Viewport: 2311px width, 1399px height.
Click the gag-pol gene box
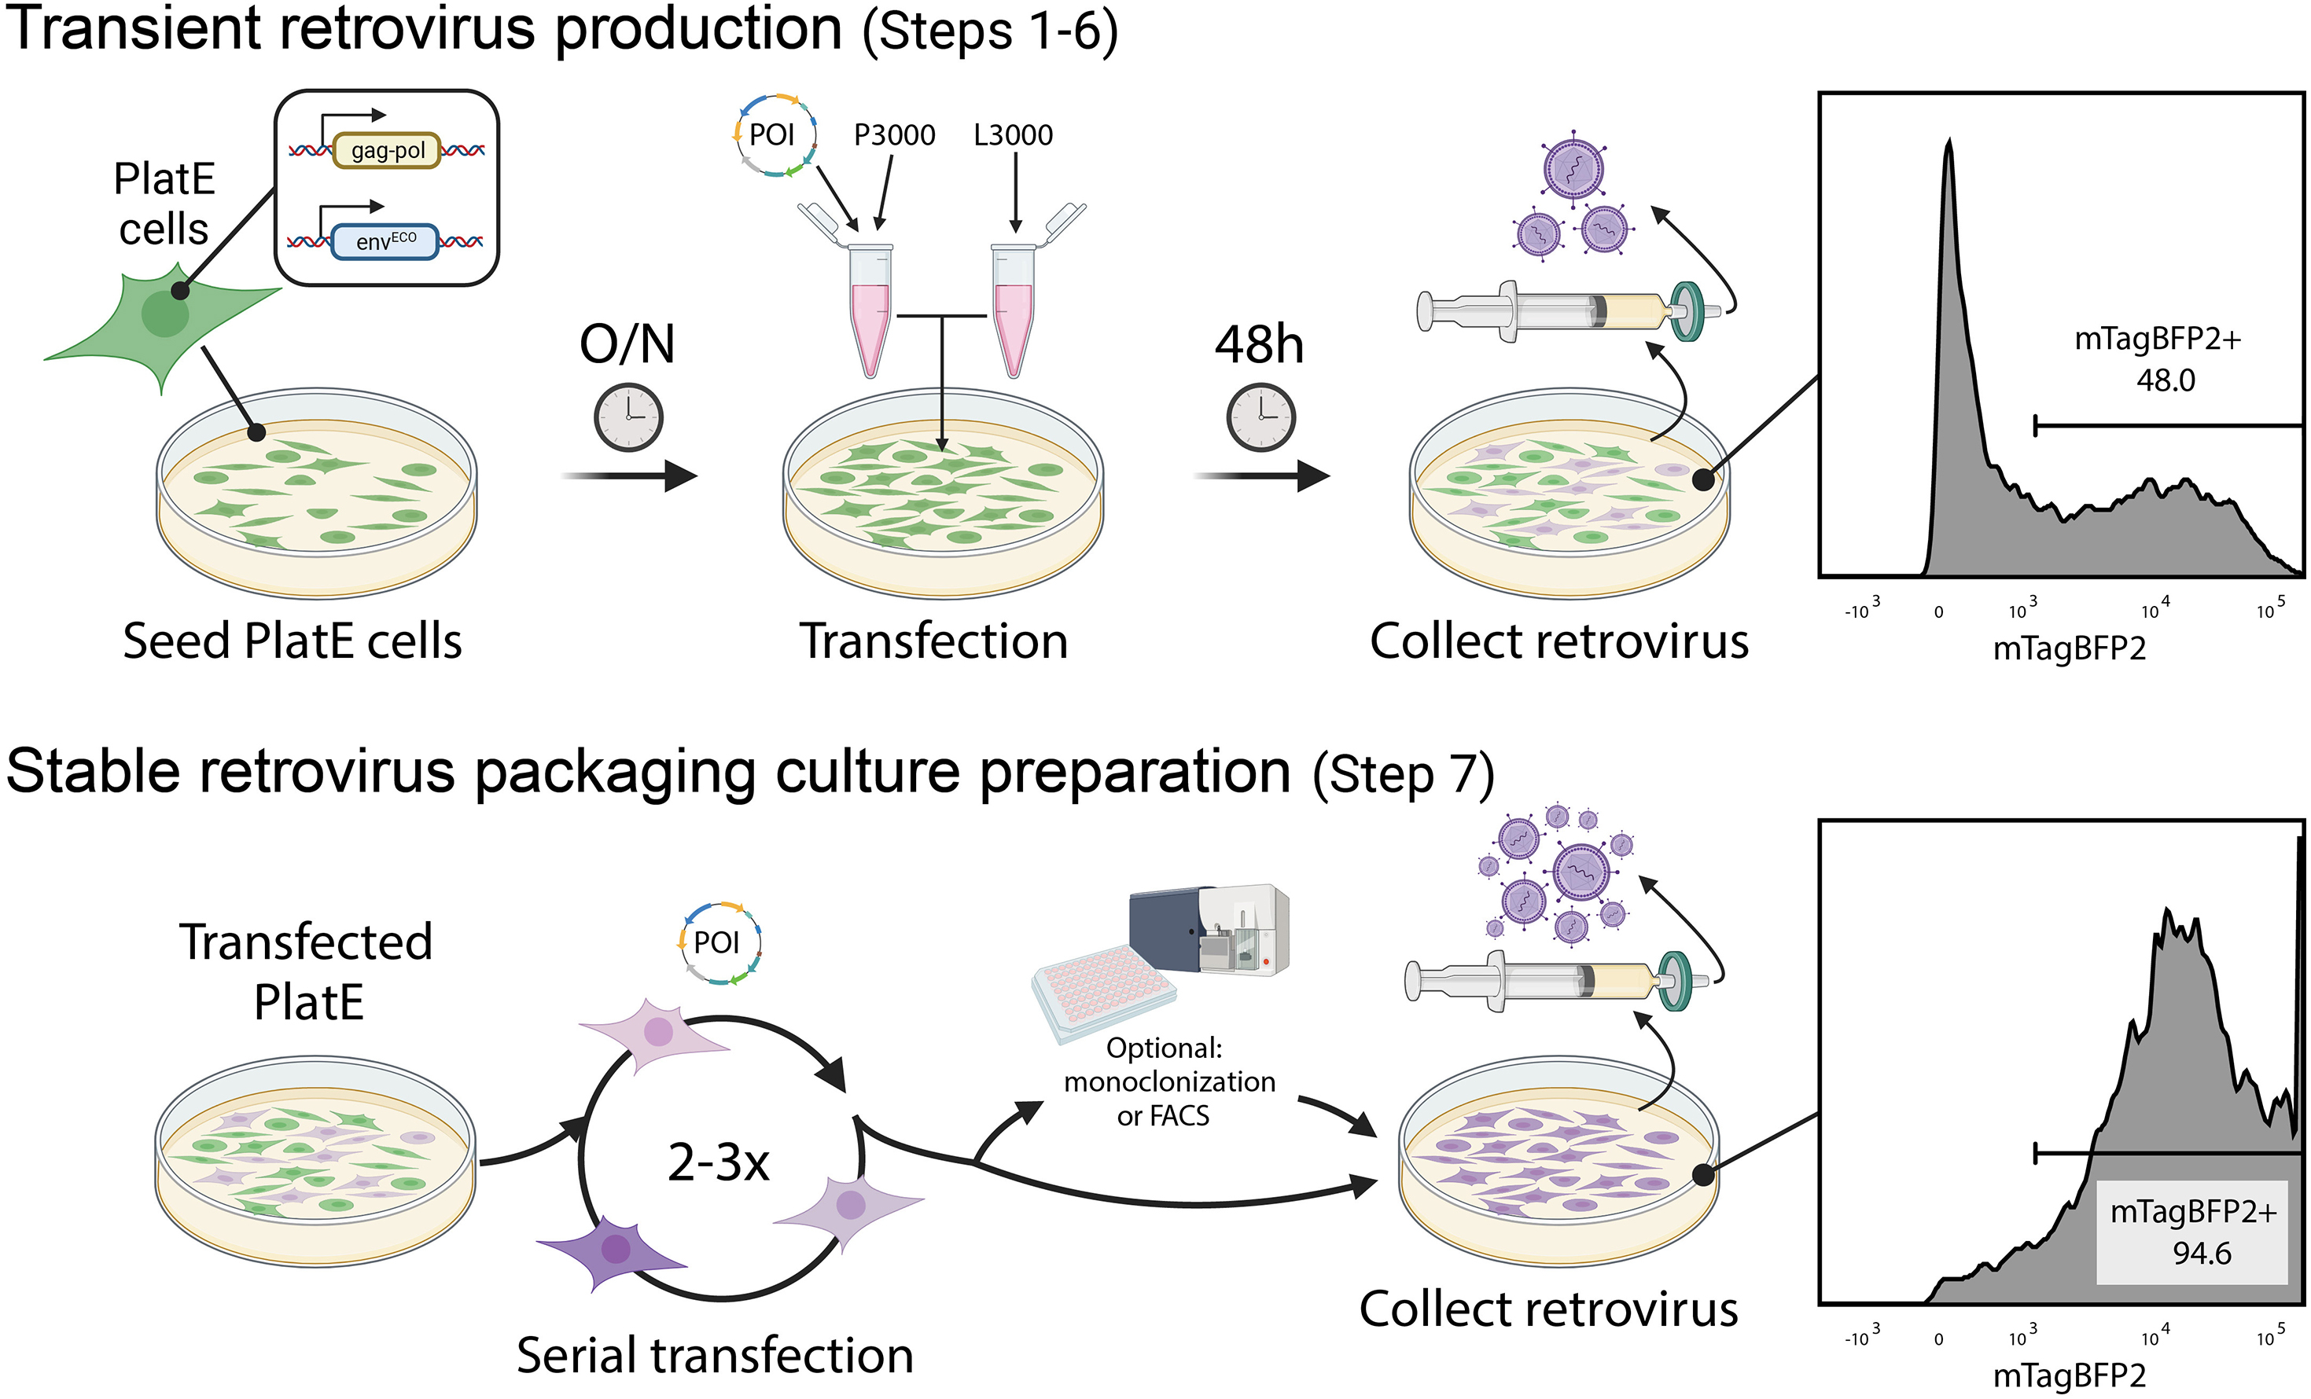coord(385,150)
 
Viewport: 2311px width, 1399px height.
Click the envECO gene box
coord(385,242)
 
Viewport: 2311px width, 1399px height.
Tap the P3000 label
coord(894,135)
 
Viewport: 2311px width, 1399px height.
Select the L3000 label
coord(1013,135)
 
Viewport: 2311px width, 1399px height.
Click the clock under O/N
coord(628,417)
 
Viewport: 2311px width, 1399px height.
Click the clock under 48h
coord(1260,417)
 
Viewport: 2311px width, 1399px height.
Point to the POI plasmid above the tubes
coord(774,135)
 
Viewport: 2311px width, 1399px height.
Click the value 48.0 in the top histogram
coord(2165,380)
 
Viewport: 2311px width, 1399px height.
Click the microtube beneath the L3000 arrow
coord(1013,310)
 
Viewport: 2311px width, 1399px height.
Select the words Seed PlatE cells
coord(292,641)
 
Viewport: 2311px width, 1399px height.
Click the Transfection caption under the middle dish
coord(933,641)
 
